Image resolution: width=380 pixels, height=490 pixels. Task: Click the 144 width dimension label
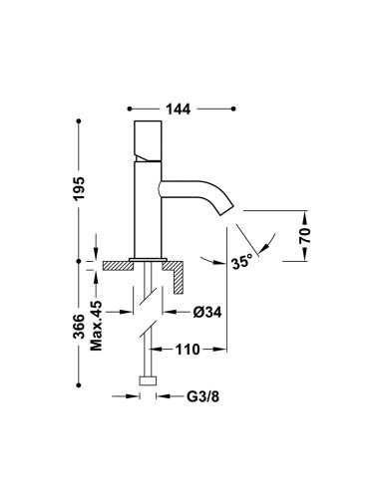click(x=179, y=109)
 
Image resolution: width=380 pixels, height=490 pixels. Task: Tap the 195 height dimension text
click(x=79, y=188)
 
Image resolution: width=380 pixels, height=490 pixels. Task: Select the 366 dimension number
click(x=79, y=327)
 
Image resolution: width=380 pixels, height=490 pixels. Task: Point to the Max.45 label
click(x=96, y=326)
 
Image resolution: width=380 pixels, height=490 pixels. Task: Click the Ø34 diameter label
click(x=207, y=312)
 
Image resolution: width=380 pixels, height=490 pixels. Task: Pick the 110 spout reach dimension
click(x=188, y=350)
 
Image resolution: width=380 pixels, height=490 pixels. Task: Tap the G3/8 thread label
click(x=202, y=396)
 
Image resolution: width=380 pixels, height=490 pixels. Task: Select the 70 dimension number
click(x=305, y=235)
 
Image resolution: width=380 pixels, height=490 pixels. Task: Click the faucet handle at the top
click(x=148, y=140)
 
